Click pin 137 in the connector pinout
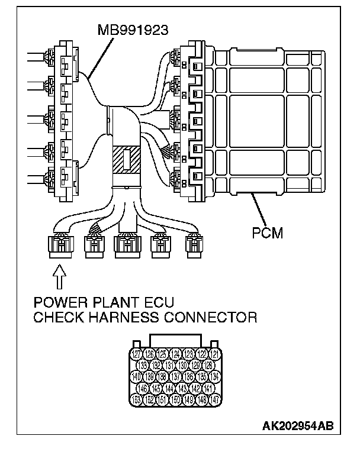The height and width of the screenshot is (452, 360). tap(176, 377)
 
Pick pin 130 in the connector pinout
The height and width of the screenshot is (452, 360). tap(183, 366)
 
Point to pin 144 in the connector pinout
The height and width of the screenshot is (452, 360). tap(169, 389)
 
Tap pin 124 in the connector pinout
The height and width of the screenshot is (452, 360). tap(176, 354)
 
